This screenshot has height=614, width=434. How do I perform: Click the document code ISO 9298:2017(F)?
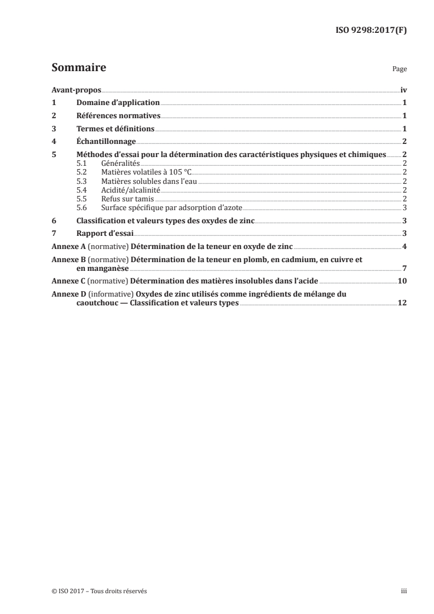click(371, 30)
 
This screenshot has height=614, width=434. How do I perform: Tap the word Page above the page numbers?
click(400, 70)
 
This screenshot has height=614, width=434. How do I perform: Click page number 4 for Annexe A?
click(404, 246)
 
